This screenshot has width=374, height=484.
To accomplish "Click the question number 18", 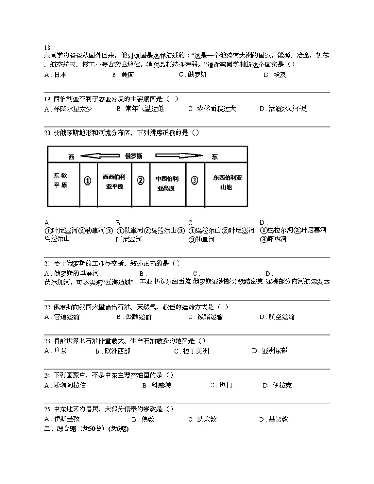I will tap(47, 48).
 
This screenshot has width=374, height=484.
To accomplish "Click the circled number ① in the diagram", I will tap(88, 181).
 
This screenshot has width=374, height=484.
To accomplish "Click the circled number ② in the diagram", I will tap(140, 181).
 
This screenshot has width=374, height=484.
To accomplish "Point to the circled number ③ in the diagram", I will tap(195, 181).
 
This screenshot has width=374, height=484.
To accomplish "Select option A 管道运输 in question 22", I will tap(62, 317).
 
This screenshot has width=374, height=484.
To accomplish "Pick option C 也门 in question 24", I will tap(221, 385).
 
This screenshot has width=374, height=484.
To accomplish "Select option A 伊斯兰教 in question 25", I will tap(62, 419).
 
